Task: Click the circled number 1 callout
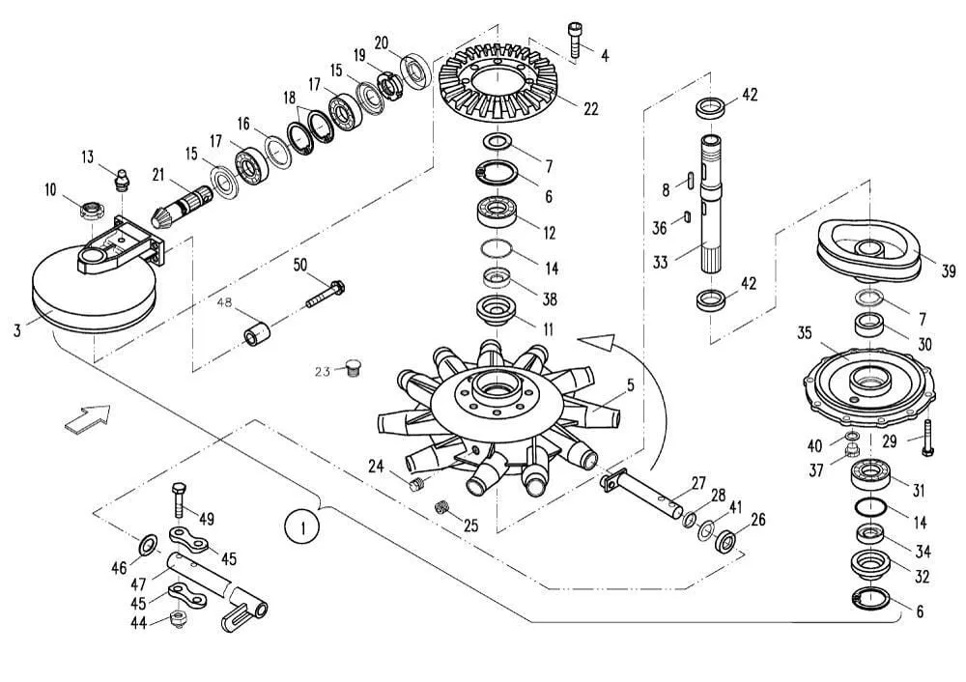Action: point(302,528)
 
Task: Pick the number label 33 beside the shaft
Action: point(661,263)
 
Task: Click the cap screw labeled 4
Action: point(574,41)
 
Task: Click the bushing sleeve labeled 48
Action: point(258,335)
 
